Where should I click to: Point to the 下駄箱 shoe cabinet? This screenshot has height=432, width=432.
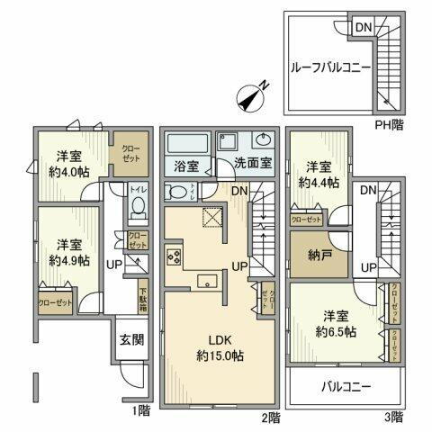click(143, 293)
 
